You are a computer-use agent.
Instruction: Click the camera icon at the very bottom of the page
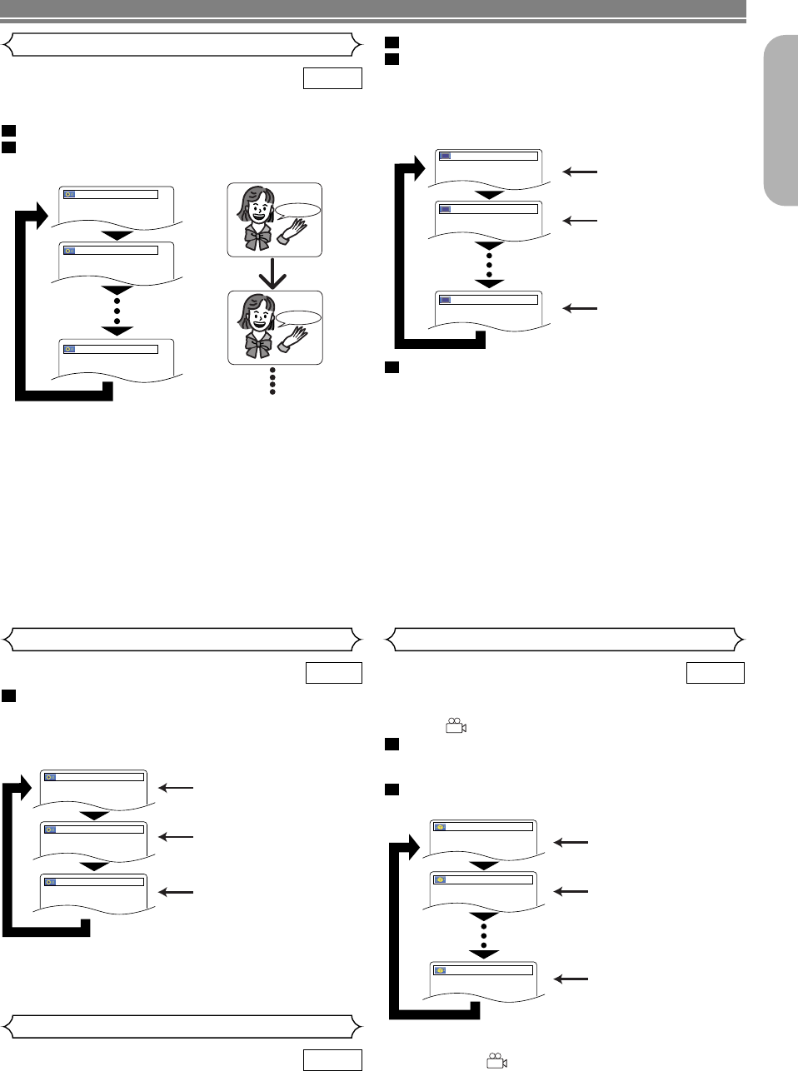(x=496, y=1061)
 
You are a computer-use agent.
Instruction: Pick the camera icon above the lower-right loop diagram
(x=456, y=726)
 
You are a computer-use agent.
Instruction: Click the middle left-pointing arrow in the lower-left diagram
(x=176, y=837)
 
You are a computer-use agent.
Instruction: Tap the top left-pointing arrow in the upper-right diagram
(x=581, y=172)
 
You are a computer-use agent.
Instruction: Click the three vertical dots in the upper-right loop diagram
(x=489, y=265)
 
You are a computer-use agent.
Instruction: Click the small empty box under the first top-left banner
(x=332, y=78)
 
